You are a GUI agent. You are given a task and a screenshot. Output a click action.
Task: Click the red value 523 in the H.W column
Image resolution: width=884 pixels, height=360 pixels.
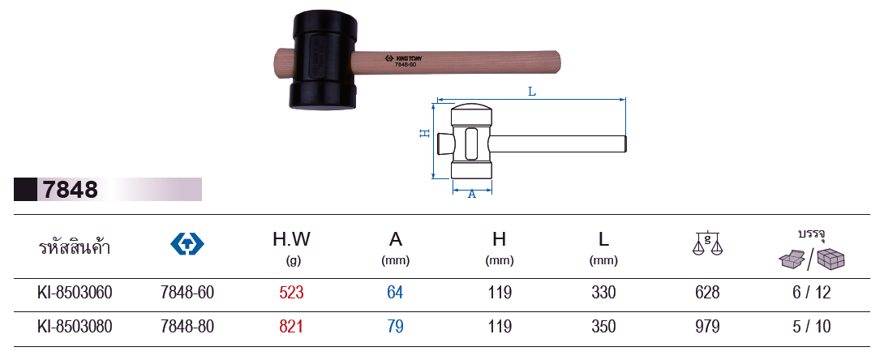(291, 293)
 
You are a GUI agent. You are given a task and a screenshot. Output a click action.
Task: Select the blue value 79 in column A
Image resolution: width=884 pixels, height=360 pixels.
(395, 327)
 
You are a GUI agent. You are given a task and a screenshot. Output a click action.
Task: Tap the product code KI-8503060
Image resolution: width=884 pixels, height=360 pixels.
(75, 293)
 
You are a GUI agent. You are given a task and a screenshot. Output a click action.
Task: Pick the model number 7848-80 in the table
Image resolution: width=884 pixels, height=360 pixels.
(187, 327)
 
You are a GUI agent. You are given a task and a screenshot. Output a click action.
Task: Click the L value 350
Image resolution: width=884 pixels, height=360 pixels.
(604, 327)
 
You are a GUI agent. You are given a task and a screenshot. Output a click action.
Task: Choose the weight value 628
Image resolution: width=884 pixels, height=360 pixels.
(707, 293)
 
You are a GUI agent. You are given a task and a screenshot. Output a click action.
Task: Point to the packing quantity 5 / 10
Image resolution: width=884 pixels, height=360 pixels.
(812, 327)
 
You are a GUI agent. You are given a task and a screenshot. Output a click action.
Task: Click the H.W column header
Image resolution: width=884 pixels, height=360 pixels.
(291, 246)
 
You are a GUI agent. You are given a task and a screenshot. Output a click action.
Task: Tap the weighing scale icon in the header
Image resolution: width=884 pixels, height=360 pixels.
(707, 242)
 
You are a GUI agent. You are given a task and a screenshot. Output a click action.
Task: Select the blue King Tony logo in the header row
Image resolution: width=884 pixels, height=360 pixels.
(187, 244)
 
